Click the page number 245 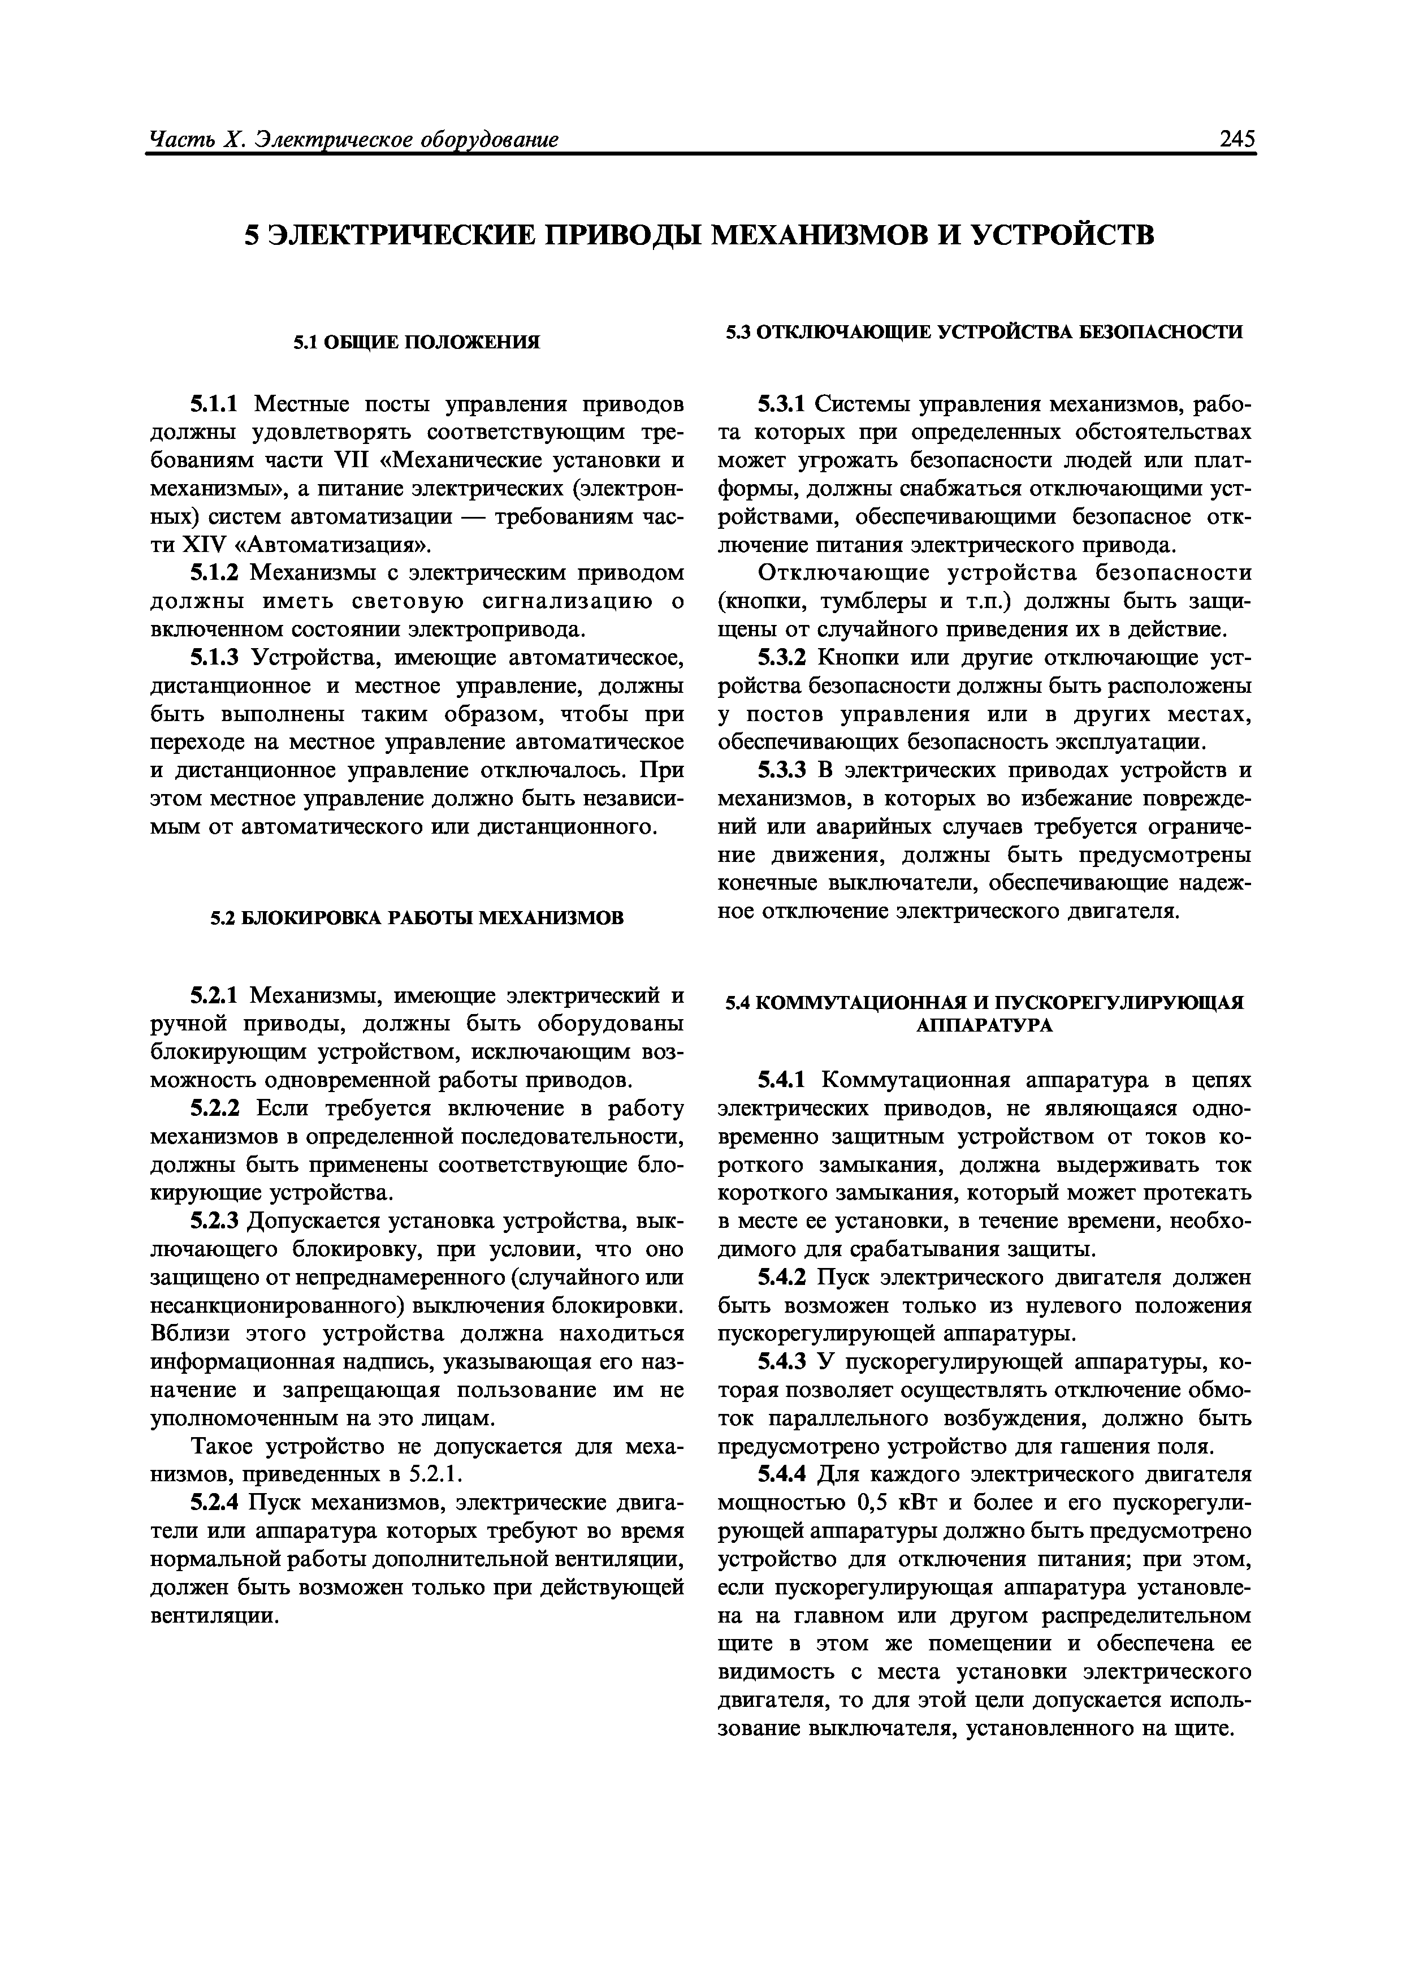pyautogui.click(x=1237, y=139)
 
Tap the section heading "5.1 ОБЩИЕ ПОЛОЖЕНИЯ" pyautogui.click(x=417, y=343)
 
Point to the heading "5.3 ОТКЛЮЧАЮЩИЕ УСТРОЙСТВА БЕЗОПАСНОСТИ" pyautogui.click(x=984, y=332)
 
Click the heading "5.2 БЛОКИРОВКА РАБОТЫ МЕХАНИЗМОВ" pyautogui.click(x=417, y=918)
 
